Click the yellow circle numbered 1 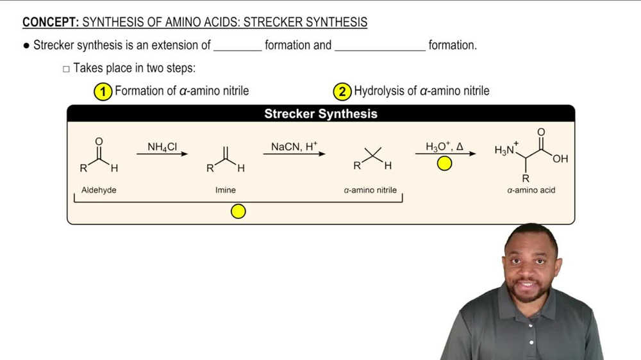(103, 92)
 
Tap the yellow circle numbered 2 (342, 92)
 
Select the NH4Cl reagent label (162, 147)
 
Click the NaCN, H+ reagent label (294, 147)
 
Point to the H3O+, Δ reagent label (444, 147)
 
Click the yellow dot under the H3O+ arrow (444, 164)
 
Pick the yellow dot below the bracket (238, 211)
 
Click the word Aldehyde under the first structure (99, 190)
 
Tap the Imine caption (226, 190)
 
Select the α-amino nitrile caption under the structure (370, 190)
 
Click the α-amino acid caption (531, 190)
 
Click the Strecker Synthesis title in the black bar (320, 114)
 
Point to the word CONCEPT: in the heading (50, 22)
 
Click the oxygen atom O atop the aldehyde (98, 141)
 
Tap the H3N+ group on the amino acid (506, 149)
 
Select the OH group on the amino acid (560, 159)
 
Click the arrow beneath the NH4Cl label (162, 154)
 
